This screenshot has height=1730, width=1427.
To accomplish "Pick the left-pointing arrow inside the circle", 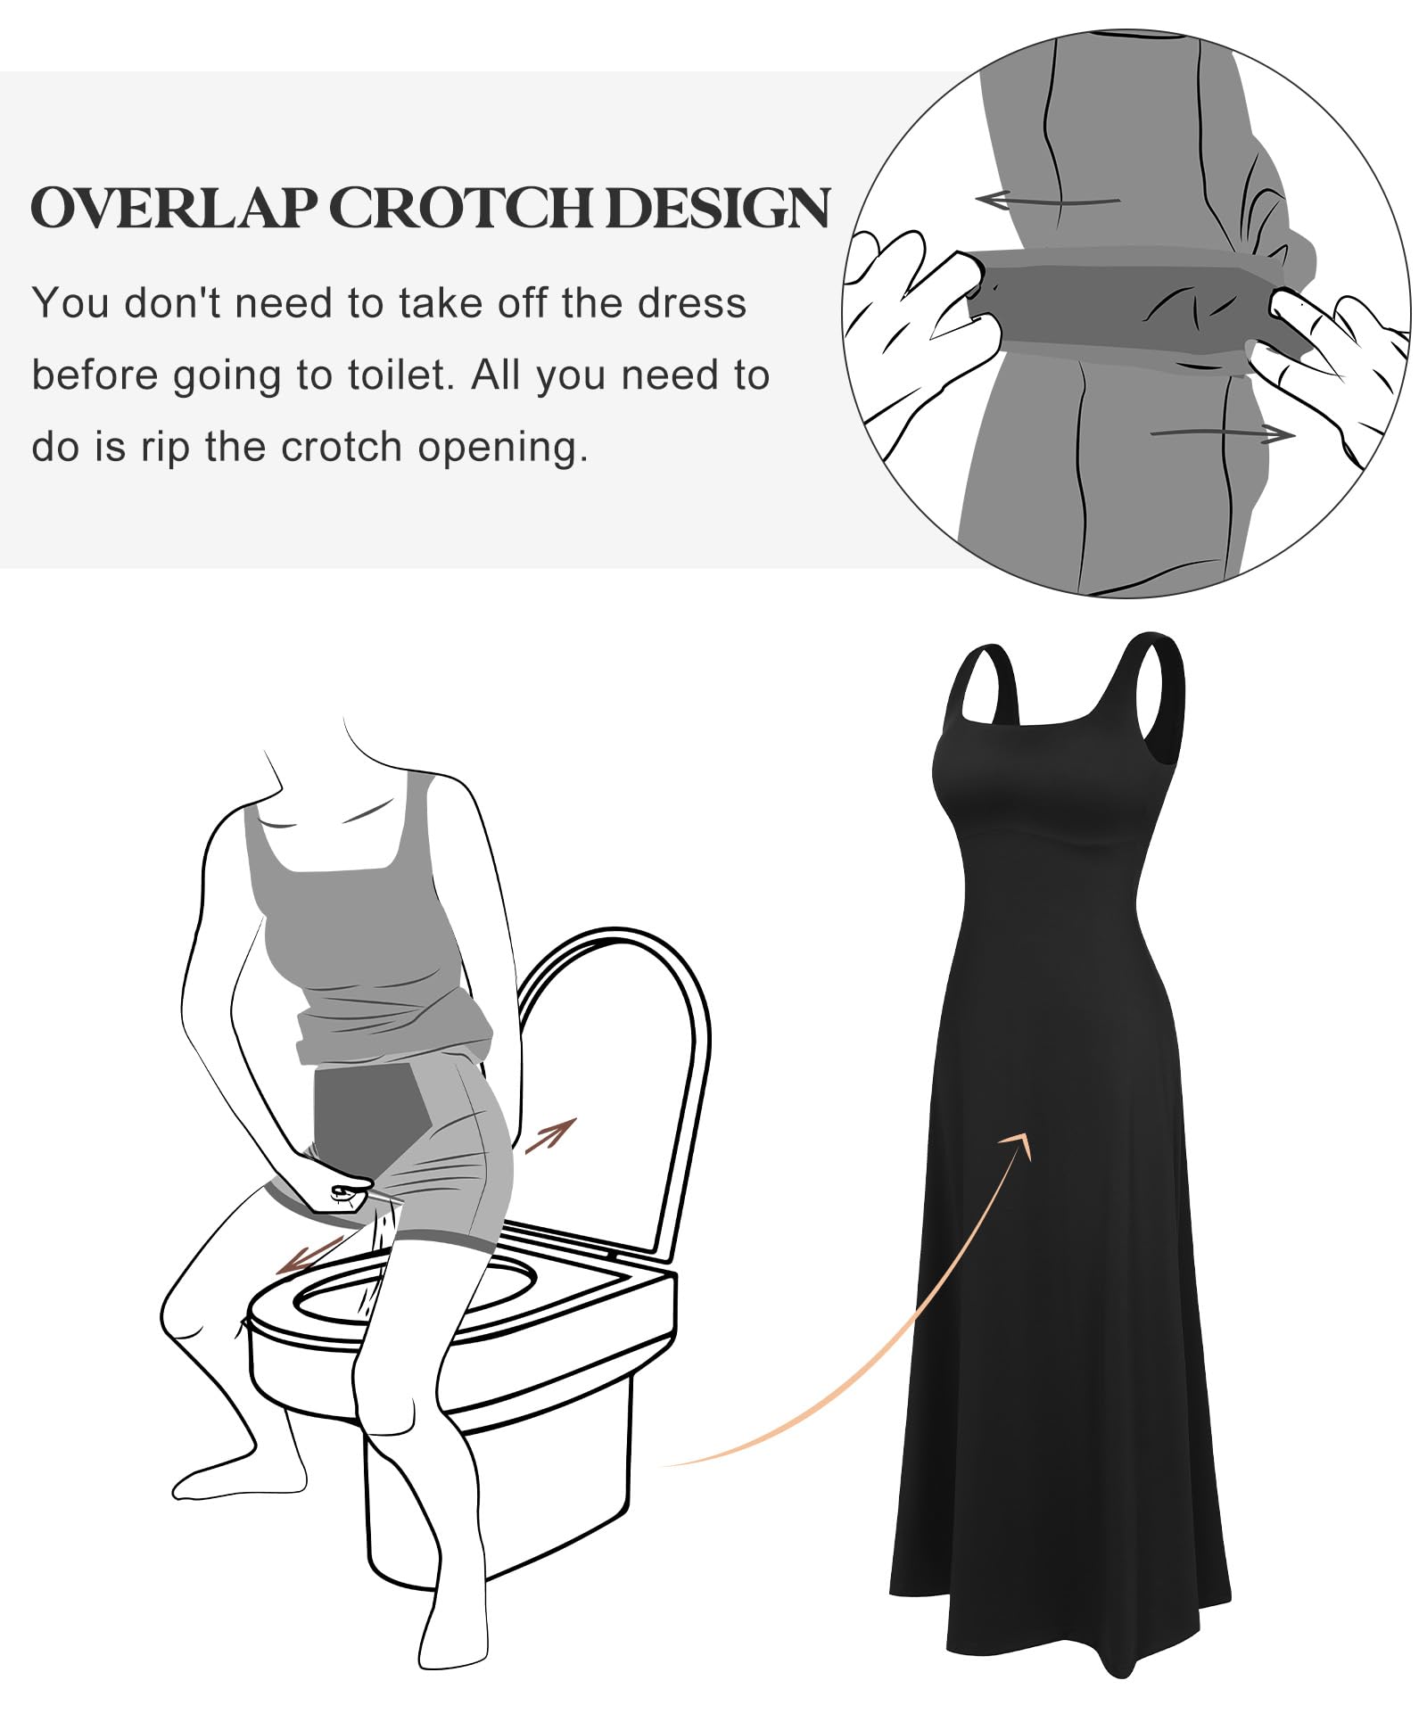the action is coord(1047,200).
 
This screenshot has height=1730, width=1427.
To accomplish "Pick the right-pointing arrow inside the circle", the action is coord(1222,433).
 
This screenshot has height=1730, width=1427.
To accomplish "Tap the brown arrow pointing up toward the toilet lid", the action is coord(550,1134).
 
